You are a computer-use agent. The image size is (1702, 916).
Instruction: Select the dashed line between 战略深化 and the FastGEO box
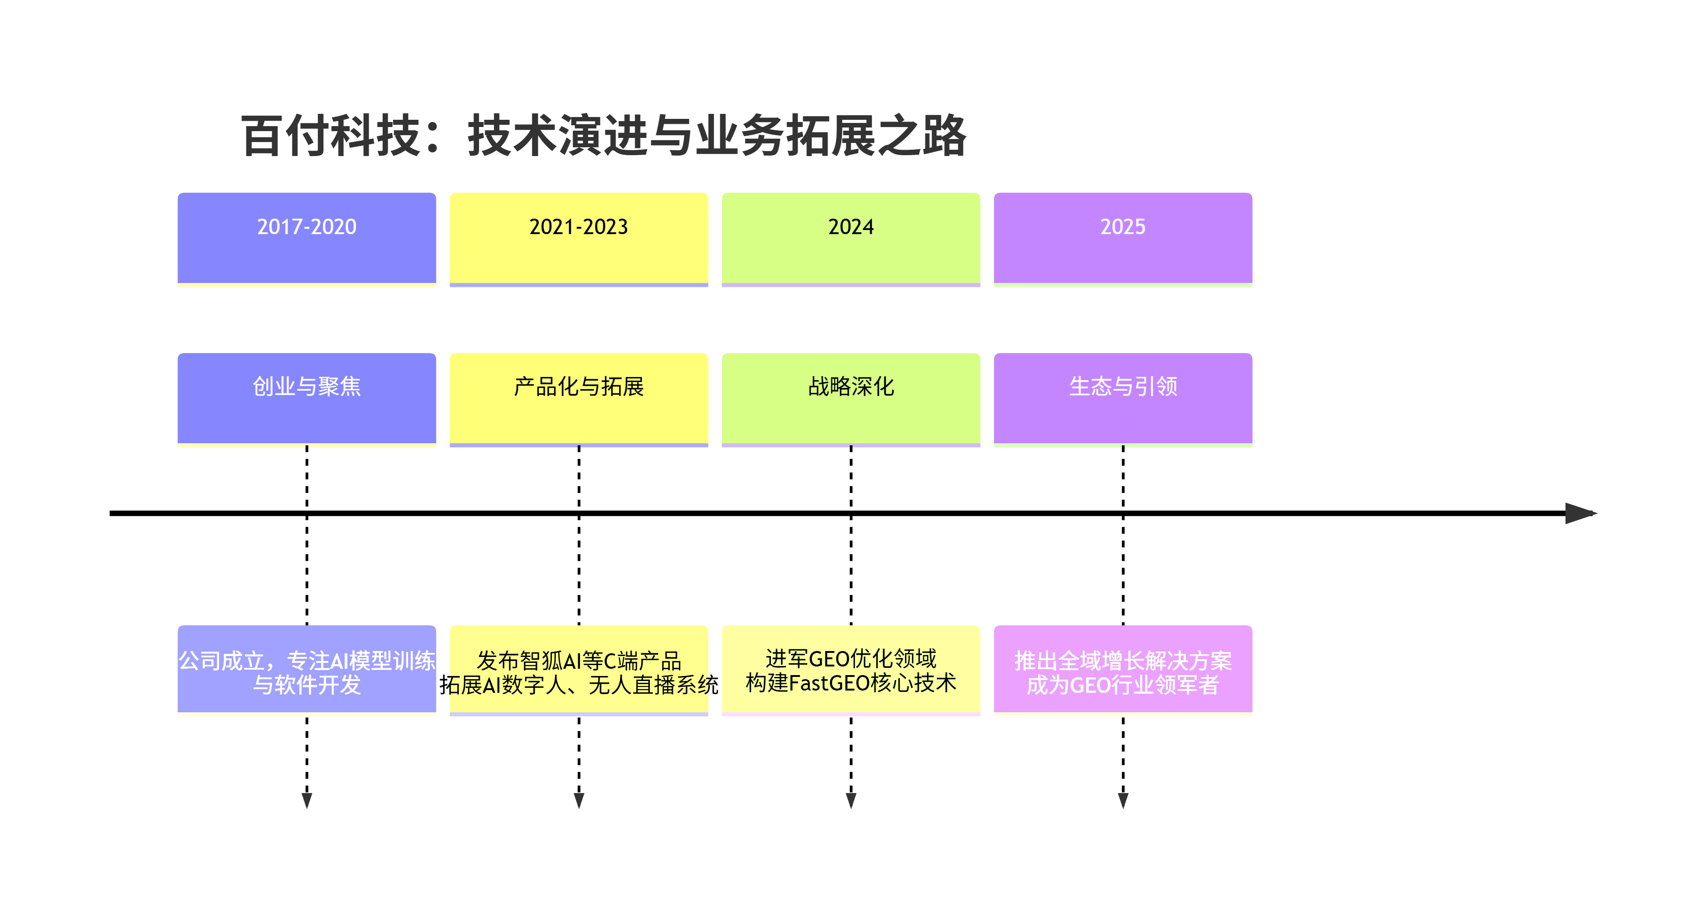pyautogui.click(x=851, y=568)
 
